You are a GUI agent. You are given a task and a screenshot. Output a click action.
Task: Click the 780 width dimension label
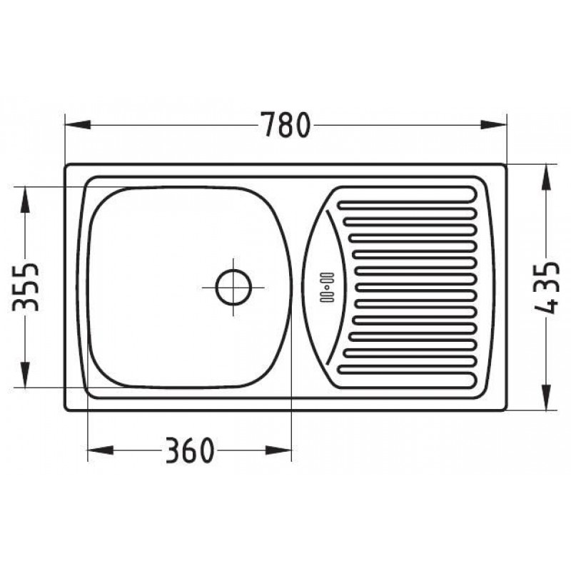pos(287,125)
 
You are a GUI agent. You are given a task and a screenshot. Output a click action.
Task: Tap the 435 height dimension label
pos(545,287)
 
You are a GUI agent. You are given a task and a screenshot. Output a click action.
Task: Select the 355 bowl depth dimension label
pos(25,287)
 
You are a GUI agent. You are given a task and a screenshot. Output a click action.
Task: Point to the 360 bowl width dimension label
pos(189,450)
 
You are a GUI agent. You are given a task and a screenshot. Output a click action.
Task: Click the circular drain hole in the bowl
pos(233,287)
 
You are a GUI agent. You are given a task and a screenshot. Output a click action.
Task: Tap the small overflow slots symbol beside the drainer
pos(326,287)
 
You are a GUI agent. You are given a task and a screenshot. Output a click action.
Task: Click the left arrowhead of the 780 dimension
pos(77,125)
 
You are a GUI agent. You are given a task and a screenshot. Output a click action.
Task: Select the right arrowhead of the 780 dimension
pos(493,125)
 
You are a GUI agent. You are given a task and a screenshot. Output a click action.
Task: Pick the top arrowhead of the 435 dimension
pos(545,178)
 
